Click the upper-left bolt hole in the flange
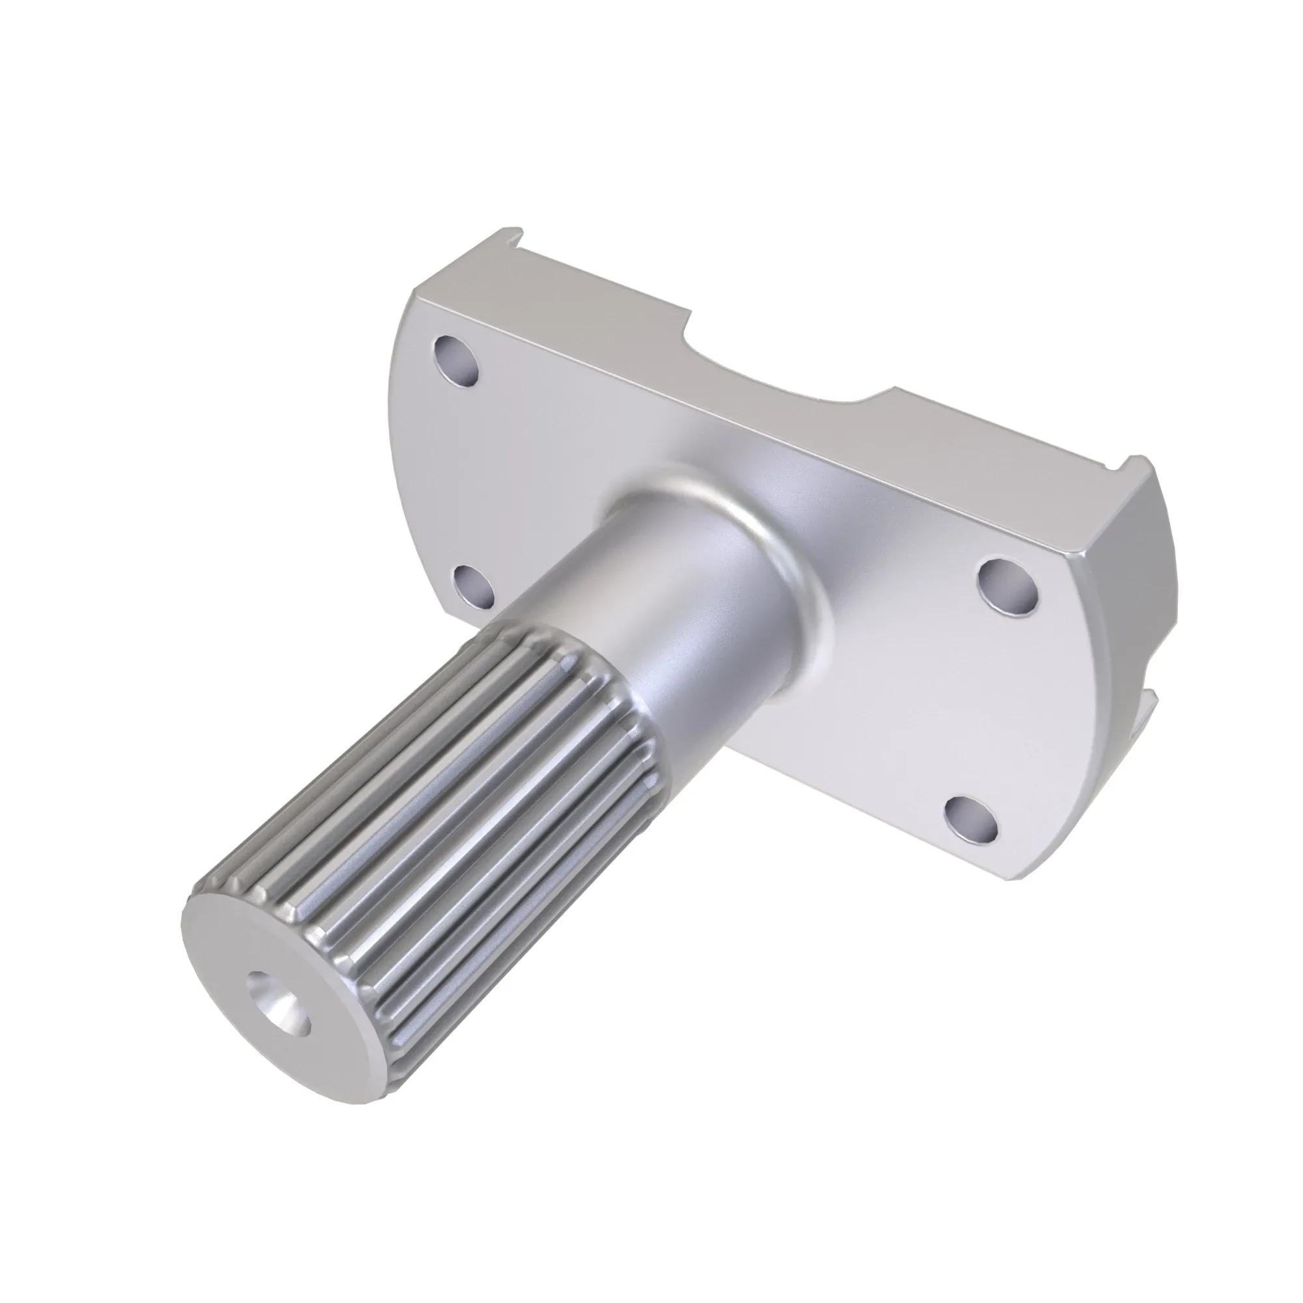click(457, 360)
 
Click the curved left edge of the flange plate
click(405, 432)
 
